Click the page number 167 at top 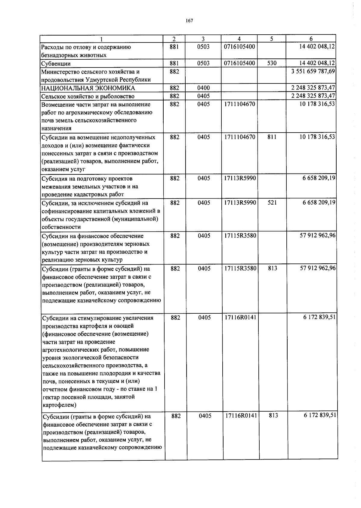tap(189, 20)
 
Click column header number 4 tap(239, 39)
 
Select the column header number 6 tap(311, 39)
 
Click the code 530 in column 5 tap(272, 63)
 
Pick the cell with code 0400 tap(203, 88)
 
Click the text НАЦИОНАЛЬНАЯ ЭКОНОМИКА tap(88, 88)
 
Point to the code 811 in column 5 tap(272, 137)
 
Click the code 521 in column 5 tap(272, 203)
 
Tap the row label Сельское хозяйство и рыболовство tap(88, 96)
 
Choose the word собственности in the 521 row tap(61, 227)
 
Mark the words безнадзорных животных tap(73, 55)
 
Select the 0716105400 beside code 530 tap(239, 63)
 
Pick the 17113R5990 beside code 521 tap(240, 203)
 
